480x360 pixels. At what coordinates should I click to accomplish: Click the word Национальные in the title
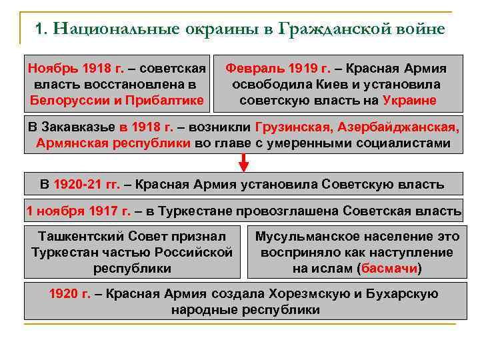click(x=109, y=29)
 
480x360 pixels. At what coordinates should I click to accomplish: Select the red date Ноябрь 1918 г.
click(x=67, y=69)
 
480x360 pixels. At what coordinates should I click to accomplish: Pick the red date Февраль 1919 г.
click(x=274, y=69)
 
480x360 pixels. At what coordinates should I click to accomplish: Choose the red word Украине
click(x=409, y=101)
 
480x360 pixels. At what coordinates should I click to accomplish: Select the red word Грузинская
click(x=293, y=127)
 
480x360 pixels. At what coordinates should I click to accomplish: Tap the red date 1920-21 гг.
click(x=85, y=184)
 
